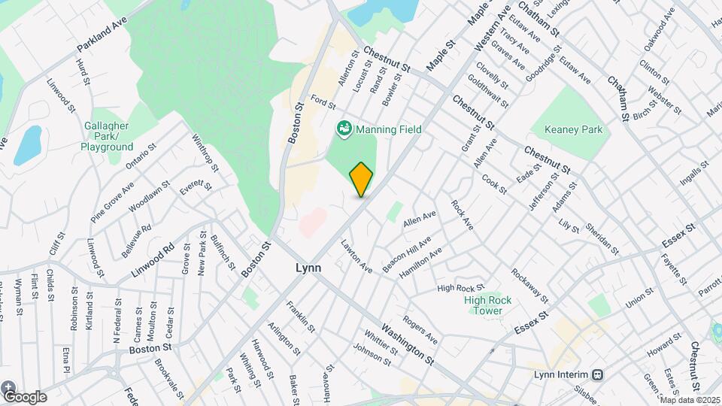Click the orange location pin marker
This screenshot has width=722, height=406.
click(x=361, y=179)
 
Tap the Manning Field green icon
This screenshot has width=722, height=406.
click(x=344, y=129)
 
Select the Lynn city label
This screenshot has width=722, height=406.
click(x=308, y=268)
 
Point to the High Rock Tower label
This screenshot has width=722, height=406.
click(x=487, y=305)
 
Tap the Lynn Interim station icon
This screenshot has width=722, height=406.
click(x=598, y=374)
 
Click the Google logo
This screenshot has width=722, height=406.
click(x=24, y=396)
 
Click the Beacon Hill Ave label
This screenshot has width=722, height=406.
click(x=406, y=255)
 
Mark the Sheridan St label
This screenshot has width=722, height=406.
click(x=603, y=240)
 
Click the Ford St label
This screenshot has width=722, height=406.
click(x=323, y=101)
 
